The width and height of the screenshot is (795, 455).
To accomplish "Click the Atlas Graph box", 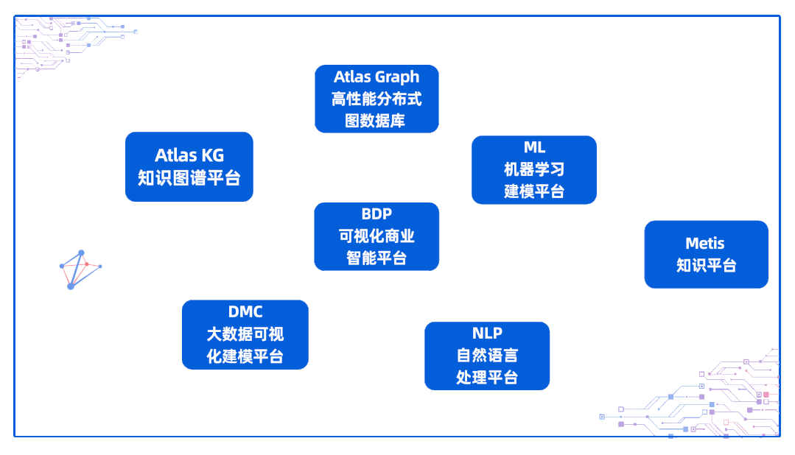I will coord(377,99).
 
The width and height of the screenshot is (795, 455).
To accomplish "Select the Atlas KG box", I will coord(189,166).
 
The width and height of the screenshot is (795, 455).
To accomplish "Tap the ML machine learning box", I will coord(534,169).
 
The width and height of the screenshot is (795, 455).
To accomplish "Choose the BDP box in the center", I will coord(377,236).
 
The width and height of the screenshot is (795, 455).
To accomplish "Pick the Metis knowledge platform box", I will coord(706,254).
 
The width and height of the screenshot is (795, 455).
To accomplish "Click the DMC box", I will coord(245,334).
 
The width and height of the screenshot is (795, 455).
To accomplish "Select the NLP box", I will coord(487,356).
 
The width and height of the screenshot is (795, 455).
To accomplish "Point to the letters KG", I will coord(212,155).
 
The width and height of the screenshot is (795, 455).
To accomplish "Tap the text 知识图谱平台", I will coord(189,178).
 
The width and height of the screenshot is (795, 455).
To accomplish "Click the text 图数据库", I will coord(376,120).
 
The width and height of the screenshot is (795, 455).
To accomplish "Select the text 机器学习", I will coord(534,169).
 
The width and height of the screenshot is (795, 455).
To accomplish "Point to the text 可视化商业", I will coord(377,236).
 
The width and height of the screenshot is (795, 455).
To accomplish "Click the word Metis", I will coord(705,244).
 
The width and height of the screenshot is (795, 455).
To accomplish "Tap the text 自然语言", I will coord(487,356).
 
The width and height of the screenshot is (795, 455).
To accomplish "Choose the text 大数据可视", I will coord(245,334).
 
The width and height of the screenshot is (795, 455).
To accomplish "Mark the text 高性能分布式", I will coord(377,99).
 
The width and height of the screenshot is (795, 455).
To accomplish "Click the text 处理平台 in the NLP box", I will coord(487,378).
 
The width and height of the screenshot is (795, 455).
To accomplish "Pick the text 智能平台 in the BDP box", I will coord(377,258).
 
